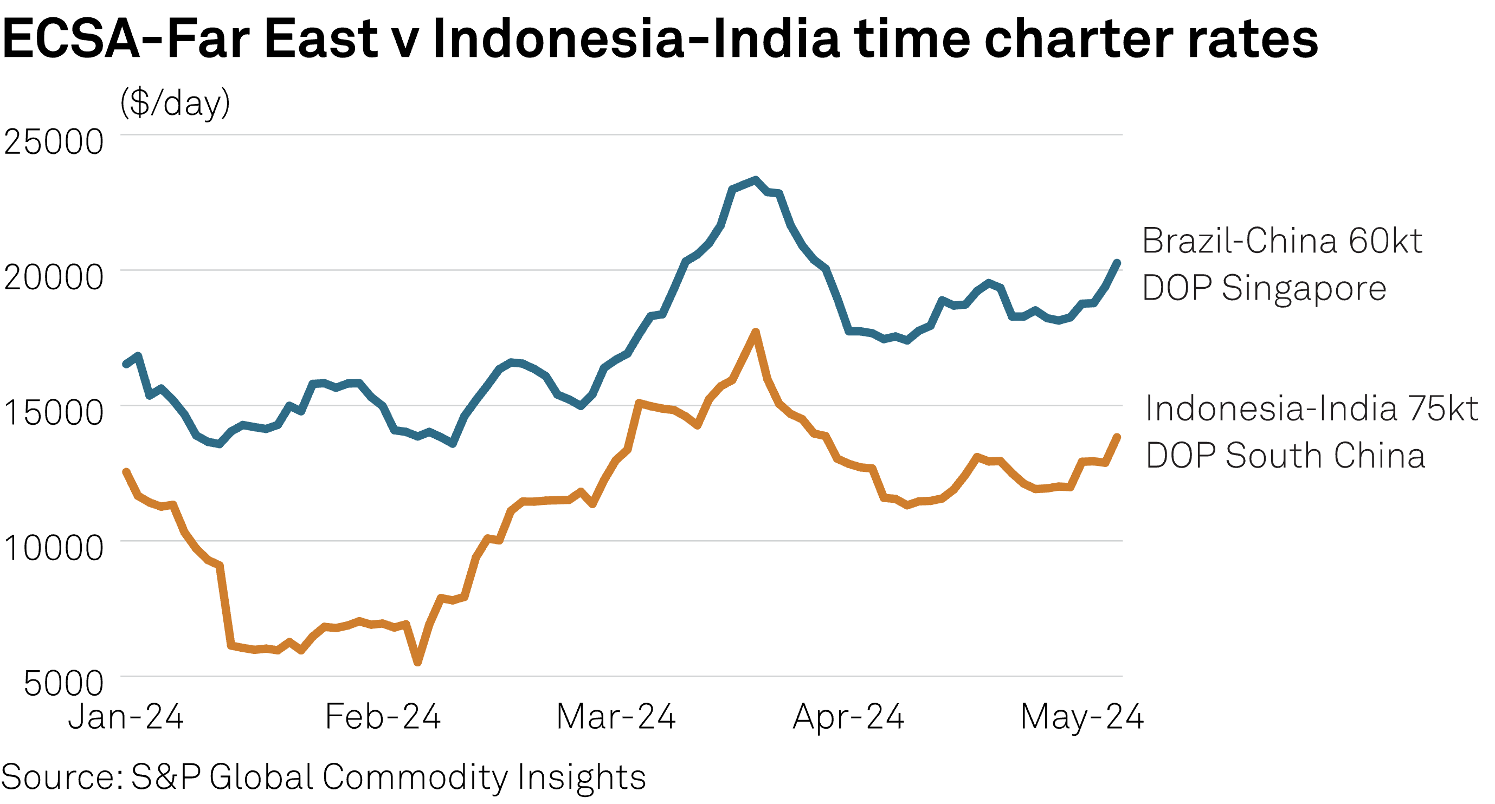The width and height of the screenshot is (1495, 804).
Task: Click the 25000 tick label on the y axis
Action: (x=53, y=141)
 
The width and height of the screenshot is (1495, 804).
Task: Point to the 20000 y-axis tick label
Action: (x=53, y=277)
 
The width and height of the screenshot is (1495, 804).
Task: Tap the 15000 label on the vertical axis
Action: (x=53, y=412)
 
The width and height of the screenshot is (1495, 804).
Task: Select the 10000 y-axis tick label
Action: (x=53, y=548)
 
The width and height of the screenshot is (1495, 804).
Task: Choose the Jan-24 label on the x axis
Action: (x=126, y=717)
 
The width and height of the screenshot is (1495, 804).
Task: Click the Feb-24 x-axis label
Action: (x=383, y=717)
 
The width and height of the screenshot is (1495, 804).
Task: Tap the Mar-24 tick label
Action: (x=616, y=717)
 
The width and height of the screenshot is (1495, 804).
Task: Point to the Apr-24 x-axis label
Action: (x=849, y=717)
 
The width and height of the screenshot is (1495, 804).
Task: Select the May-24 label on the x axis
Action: (x=1082, y=717)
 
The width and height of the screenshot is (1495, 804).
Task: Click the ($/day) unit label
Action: (x=175, y=103)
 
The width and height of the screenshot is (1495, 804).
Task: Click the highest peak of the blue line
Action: (x=755, y=180)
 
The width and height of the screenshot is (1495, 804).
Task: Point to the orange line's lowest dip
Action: (x=418, y=662)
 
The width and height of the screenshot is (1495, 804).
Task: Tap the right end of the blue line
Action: (x=1118, y=263)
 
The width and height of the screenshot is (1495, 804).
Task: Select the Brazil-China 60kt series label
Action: (x=1281, y=264)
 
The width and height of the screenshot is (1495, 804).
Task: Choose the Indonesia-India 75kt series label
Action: (x=1312, y=432)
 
